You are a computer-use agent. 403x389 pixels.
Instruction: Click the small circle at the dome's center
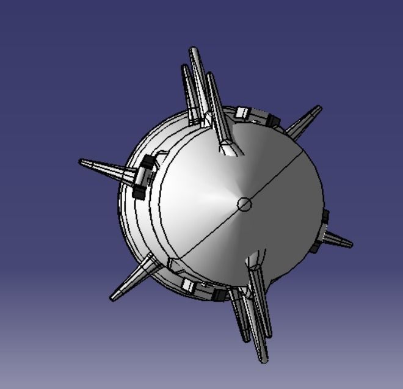[244, 204]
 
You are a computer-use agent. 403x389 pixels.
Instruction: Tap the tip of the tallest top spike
[194, 49]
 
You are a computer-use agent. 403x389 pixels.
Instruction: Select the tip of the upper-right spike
[319, 108]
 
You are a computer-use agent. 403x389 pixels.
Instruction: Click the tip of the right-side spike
[350, 245]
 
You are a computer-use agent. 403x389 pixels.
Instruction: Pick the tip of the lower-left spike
[112, 298]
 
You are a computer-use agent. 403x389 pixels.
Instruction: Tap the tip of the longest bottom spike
[264, 361]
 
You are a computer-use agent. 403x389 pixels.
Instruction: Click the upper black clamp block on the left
[147, 163]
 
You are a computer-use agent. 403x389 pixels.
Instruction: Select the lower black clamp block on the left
[139, 192]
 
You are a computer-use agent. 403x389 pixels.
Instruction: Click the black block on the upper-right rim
[272, 118]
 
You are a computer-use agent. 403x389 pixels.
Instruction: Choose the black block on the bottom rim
[219, 295]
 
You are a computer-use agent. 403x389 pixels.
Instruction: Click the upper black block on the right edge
[325, 216]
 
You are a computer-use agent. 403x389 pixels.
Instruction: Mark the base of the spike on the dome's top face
[230, 147]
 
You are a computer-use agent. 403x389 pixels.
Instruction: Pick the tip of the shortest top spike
[184, 66]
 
